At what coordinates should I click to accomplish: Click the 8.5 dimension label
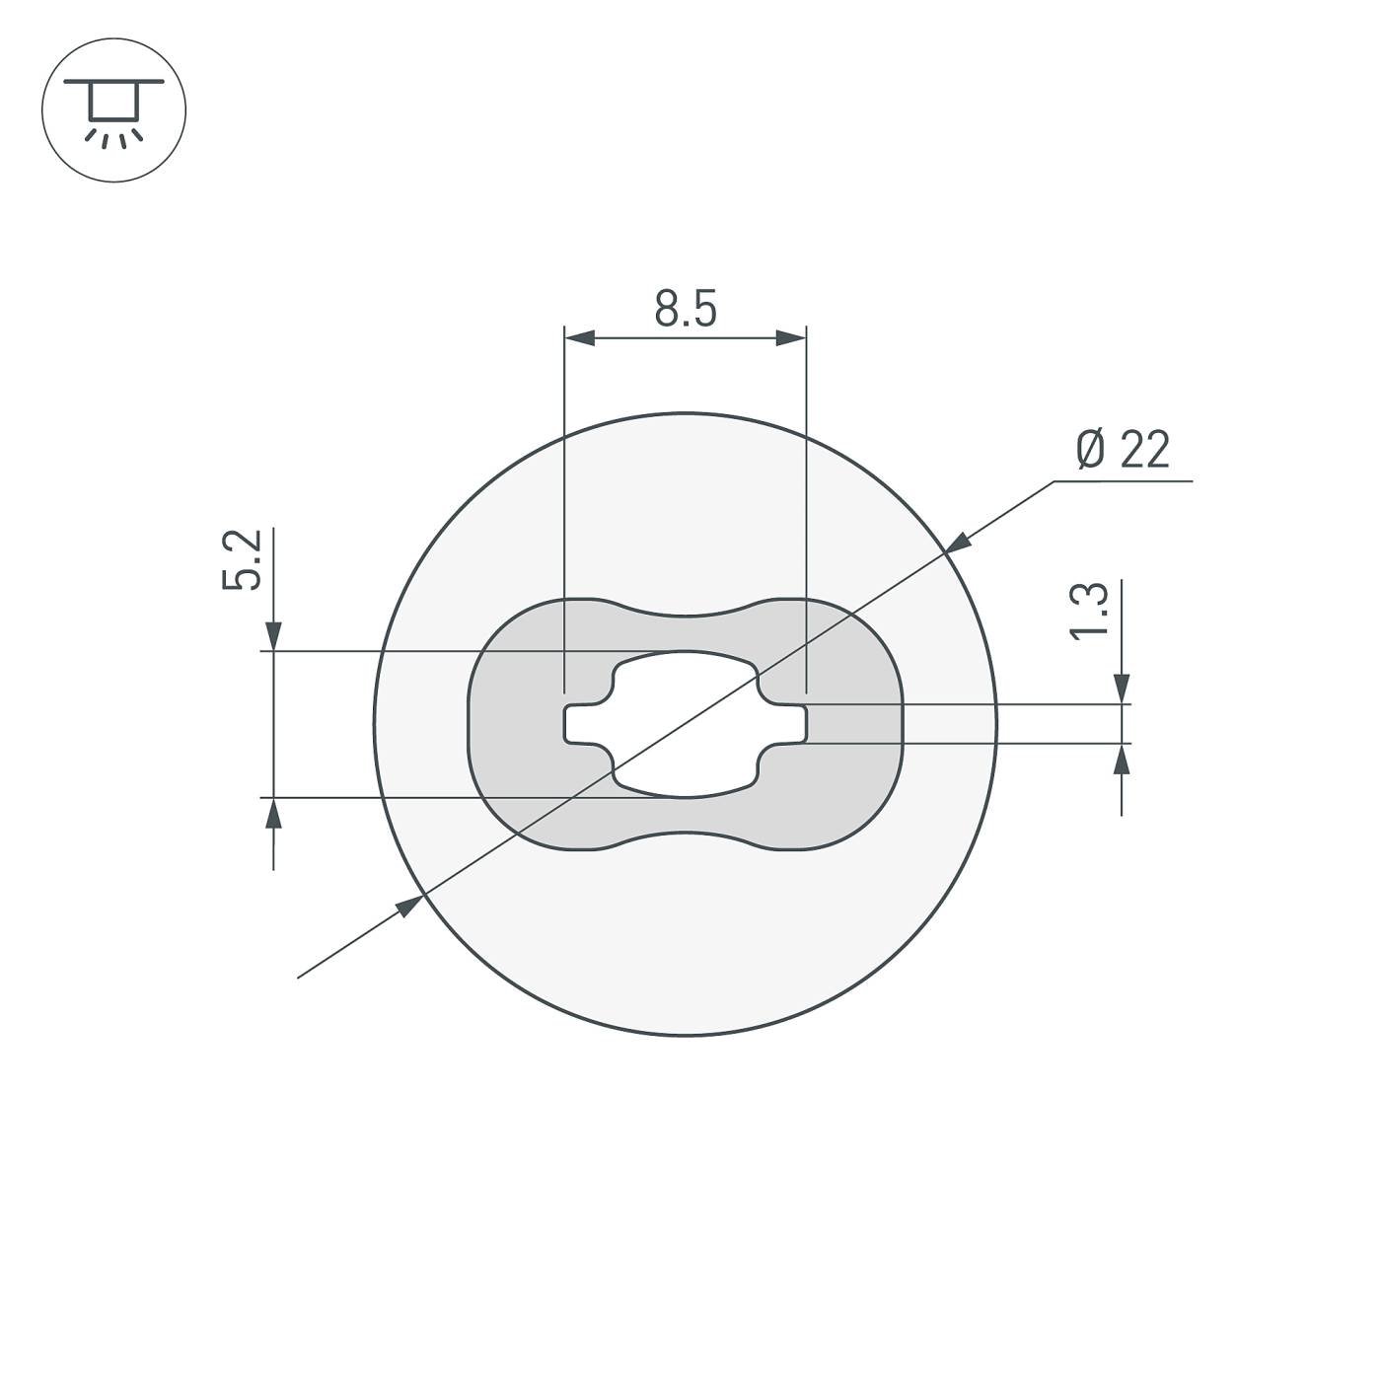686,310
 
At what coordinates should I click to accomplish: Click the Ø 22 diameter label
1123,450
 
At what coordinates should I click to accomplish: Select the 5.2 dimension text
242,560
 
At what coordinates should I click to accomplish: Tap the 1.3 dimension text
1089,612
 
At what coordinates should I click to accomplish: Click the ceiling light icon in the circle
113,109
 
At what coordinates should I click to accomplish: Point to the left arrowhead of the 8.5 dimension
579,338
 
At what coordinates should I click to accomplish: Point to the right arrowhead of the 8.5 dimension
791,338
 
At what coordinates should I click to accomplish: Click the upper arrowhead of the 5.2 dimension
274,637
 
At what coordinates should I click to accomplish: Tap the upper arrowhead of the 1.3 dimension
1122,690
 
